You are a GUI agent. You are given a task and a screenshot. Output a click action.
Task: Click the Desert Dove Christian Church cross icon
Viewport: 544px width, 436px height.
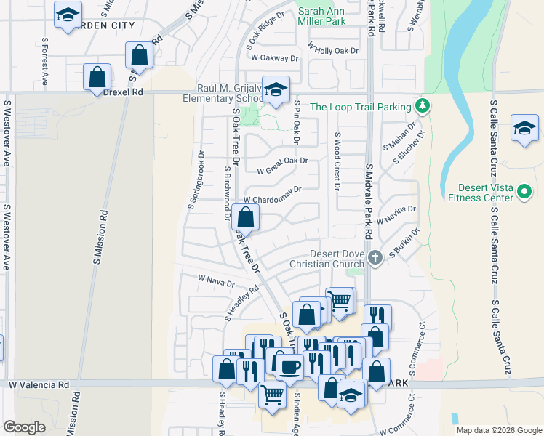tap(375, 258)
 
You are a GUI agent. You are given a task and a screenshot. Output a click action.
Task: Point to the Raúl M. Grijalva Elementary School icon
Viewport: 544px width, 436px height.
tap(276, 90)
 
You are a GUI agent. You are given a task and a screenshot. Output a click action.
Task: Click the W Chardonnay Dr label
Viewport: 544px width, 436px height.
tap(271, 195)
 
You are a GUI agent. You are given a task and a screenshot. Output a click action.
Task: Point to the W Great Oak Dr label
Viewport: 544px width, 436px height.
tap(282, 166)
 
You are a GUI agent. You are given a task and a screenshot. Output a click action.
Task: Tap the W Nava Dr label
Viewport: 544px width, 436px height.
tap(216, 280)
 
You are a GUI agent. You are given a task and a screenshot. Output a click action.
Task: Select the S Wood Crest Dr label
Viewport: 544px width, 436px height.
tap(337, 161)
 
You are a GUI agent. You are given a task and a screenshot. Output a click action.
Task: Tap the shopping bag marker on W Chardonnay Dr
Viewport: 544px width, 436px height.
tap(247, 217)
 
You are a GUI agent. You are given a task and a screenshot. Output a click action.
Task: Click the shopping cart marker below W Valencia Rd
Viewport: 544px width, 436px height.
tap(272, 395)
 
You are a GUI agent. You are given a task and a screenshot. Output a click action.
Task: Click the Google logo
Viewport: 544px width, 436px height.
tap(25, 427)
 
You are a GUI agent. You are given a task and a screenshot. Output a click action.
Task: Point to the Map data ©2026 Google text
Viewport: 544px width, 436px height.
tap(498, 430)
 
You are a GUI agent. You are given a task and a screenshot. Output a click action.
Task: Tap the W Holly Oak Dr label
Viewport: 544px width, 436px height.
tap(333, 49)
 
